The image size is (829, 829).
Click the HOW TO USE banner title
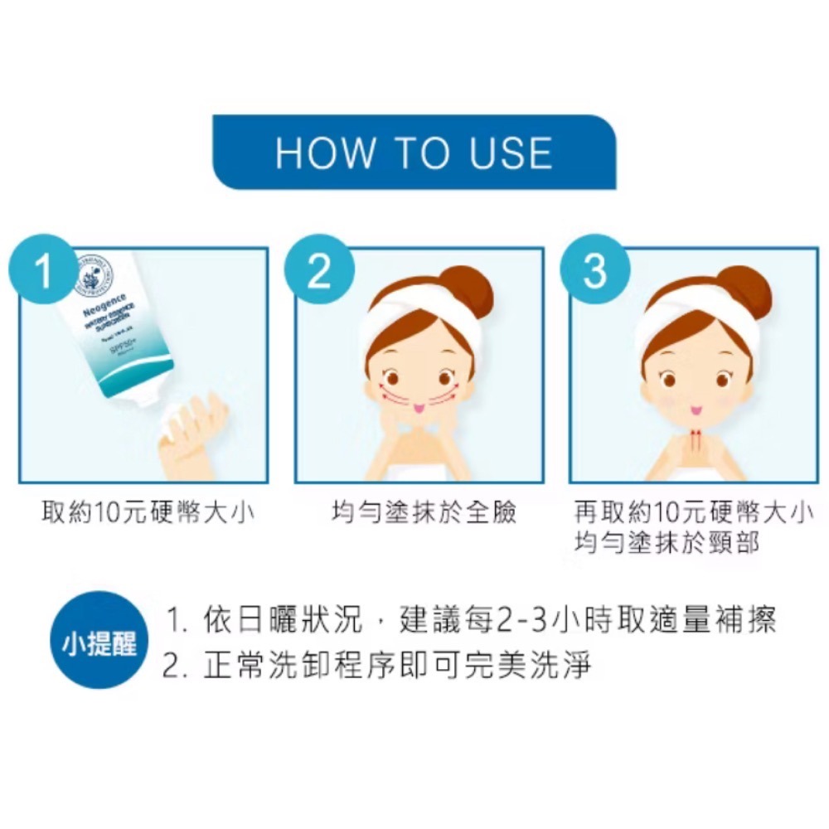point(414,153)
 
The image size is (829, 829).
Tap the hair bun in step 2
point(468,290)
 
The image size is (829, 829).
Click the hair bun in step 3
point(744,290)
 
